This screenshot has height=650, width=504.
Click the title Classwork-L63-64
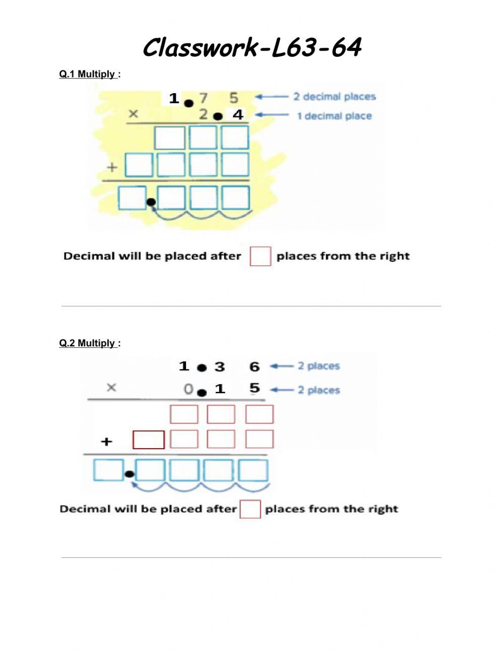pos(252,48)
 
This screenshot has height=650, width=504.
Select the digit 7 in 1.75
pos(204,98)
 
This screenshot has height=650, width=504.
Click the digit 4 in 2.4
pos(238,115)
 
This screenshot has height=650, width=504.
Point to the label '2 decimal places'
pos(335,97)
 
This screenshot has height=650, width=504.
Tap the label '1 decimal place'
pos(334,116)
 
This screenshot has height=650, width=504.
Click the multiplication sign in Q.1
pos(133,114)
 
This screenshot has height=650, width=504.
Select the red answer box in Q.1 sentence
pos(261,256)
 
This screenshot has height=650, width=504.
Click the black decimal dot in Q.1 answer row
pos(151,203)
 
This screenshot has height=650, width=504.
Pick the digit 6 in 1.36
pos(255,367)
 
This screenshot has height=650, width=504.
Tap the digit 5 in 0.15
pos(255,388)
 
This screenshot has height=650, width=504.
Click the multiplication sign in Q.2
pos(111,388)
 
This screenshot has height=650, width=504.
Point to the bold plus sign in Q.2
pos(106,442)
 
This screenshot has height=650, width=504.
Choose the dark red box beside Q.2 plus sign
pos(149,440)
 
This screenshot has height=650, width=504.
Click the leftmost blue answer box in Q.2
pos(108,470)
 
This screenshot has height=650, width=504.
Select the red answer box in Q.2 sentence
pos(250,509)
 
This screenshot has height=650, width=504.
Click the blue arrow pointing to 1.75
pos(271,97)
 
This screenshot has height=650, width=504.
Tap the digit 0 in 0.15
pos(188,389)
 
